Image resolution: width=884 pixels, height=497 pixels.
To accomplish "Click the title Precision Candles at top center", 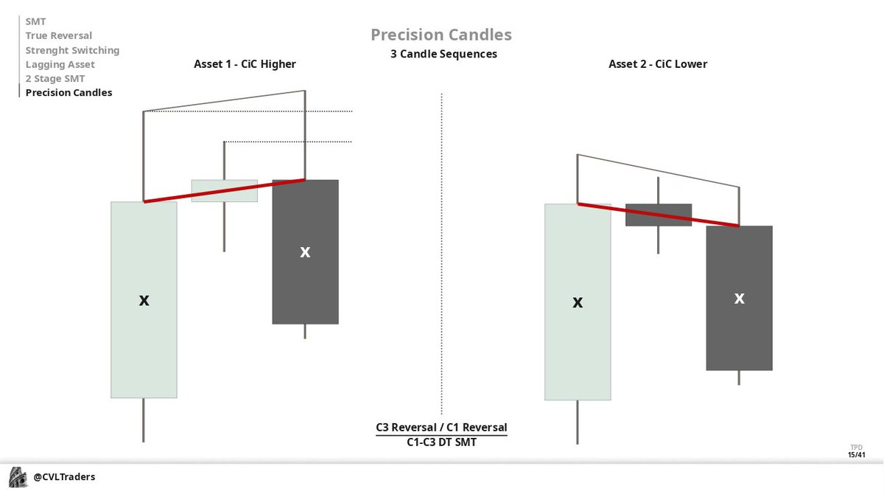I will point(441,35).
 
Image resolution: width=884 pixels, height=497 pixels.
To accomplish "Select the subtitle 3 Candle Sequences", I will point(443,55).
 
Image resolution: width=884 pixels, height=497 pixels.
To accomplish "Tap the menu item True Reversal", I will point(59,35).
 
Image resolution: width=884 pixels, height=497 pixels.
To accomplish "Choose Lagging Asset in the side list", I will point(60,64).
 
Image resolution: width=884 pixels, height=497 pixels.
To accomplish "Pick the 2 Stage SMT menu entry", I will point(55,78).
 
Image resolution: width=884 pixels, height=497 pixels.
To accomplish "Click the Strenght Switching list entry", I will point(72,50).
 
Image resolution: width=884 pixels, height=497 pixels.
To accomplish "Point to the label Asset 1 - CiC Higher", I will point(245,64).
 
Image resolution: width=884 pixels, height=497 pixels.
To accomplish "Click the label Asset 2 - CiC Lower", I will point(657,64).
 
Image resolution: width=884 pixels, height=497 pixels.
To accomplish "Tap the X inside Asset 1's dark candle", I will point(305,252).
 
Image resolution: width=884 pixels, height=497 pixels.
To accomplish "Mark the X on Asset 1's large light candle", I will point(144,300).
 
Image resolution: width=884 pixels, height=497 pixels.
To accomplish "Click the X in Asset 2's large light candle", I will point(578,302).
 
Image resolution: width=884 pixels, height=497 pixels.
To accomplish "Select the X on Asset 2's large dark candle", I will point(739,298).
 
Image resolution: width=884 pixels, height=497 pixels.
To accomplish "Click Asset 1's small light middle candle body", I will point(225,190).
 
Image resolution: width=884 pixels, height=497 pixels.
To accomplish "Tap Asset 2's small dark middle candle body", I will point(659,215).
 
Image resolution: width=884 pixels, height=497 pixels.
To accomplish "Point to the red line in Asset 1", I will point(225,190).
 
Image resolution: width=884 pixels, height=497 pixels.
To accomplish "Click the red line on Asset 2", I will point(658,215).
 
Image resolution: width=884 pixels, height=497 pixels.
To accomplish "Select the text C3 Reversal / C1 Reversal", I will point(441,428).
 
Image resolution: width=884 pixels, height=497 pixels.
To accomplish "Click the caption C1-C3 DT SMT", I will point(441,442).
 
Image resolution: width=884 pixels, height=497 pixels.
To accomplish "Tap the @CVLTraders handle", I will point(64,477).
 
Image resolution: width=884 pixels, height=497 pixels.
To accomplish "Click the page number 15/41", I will point(856,455).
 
